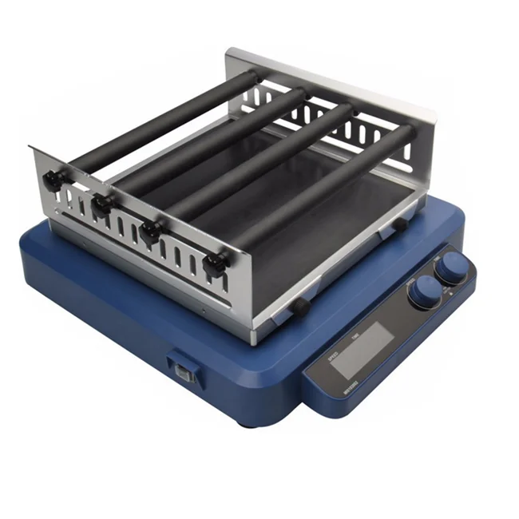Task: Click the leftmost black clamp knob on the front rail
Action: point(56,183)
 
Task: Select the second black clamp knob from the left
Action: point(101,204)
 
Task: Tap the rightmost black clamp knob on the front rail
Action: point(212,265)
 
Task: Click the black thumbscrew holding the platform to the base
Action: point(299,306)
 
